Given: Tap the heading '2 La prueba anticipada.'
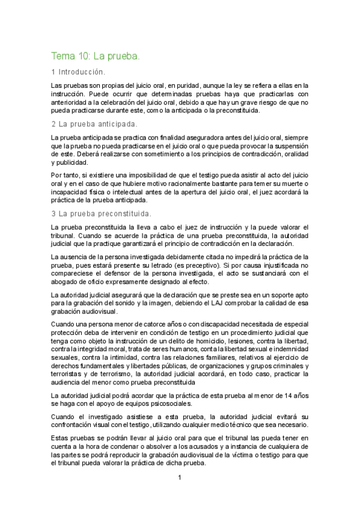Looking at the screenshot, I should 94,124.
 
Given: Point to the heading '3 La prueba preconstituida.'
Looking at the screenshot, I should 101,214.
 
